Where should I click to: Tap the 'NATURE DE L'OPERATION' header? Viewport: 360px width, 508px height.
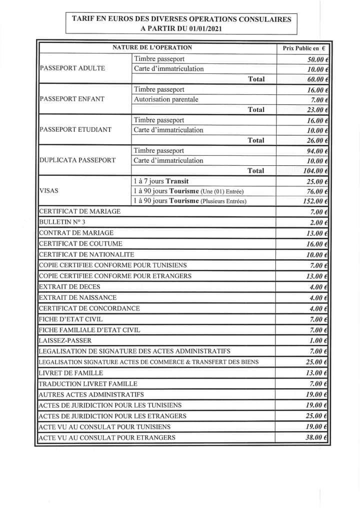(152, 48)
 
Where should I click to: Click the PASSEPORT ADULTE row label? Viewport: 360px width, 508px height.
(72, 68)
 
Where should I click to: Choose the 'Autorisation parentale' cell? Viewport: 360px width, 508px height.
(166, 99)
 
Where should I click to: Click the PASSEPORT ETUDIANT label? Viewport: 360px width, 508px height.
(75, 130)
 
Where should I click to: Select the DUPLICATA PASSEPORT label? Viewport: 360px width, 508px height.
(77, 160)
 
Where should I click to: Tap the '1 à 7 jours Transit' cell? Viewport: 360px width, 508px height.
(161, 181)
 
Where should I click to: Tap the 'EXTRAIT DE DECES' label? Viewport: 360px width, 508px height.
(69, 287)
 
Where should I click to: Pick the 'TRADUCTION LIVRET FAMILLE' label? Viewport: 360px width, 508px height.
(87, 384)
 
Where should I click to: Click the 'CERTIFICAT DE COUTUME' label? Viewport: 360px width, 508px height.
(80, 244)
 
